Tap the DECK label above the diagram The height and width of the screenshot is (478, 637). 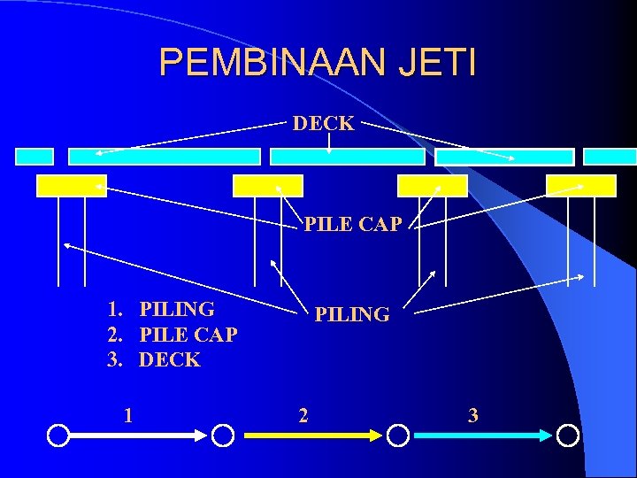(x=323, y=124)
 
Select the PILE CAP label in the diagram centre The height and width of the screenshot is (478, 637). (x=353, y=225)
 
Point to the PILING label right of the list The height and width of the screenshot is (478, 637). (x=352, y=314)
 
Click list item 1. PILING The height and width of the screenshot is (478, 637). (x=161, y=309)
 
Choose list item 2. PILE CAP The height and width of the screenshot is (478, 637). (x=173, y=335)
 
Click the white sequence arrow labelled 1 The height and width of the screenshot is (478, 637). (x=138, y=436)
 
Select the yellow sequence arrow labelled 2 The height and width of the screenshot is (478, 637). (x=311, y=436)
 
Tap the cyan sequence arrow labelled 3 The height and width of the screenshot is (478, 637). (x=483, y=436)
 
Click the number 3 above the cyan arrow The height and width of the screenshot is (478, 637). (x=473, y=415)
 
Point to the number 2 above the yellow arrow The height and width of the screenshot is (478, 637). (x=303, y=415)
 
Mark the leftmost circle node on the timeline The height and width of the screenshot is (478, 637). (x=58, y=436)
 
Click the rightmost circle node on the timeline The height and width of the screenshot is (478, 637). (x=567, y=436)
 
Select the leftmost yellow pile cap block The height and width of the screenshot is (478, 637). (x=72, y=186)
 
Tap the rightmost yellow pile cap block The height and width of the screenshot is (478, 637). (x=581, y=186)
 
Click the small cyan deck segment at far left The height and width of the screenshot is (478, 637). (x=35, y=157)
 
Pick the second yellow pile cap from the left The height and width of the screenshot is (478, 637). (x=267, y=186)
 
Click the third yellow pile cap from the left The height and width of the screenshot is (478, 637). (x=432, y=186)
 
